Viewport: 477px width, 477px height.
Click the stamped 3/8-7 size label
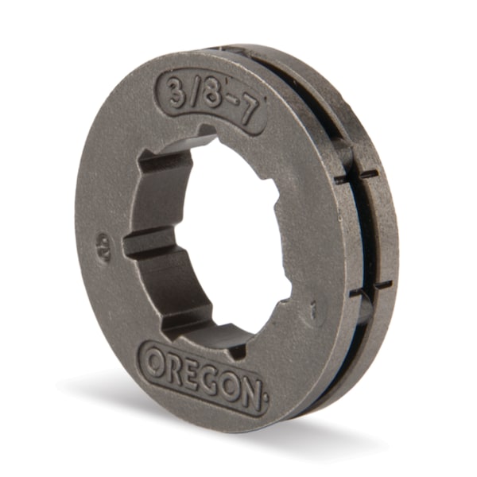click(214, 100)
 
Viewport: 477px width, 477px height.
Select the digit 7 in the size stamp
click(250, 112)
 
